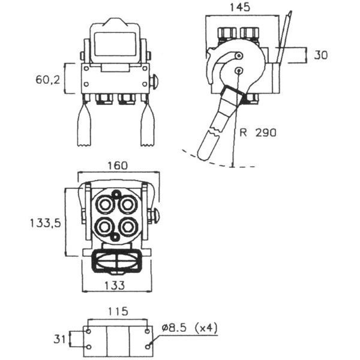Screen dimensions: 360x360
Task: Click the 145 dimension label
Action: click(239, 7)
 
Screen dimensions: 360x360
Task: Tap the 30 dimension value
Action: click(321, 55)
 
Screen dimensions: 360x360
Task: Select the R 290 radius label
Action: click(258, 133)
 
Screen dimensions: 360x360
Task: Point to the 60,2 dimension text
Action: click(48, 80)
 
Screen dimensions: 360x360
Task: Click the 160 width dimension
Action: click(118, 166)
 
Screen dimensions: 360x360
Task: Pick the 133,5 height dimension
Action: click(46, 223)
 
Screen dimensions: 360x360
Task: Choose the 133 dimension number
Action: click(115, 286)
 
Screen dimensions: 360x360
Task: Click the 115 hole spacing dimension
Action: click(118, 311)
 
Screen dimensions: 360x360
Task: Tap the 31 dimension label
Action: click(59, 339)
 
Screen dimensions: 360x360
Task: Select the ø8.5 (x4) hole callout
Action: click(190, 328)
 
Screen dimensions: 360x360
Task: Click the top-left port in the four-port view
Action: click(104, 204)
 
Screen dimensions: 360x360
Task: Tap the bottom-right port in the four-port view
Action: click(128, 227)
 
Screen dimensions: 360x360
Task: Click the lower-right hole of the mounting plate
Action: click(148, 347)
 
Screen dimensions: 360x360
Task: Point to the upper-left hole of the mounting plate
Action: click(88, 331)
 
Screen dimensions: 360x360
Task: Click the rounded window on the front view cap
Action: click(115, 44)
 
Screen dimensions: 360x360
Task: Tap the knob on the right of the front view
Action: click(154, 81)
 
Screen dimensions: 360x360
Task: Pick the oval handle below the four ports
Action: click(118, 260)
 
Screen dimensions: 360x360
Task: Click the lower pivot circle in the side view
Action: click(239, 71)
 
